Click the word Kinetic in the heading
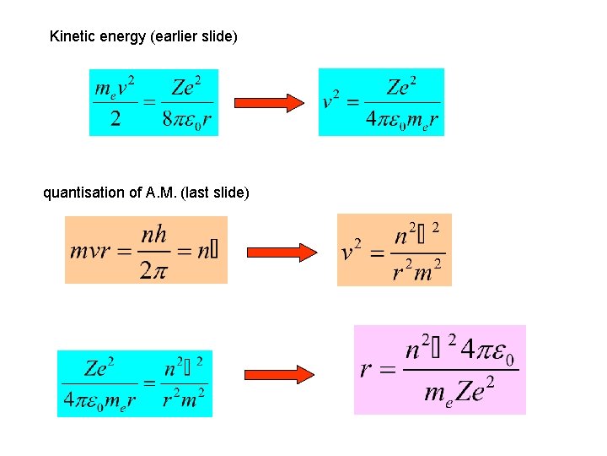tap(70, 36)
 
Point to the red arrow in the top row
tap(268, 103)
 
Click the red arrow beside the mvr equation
tap(280, 252)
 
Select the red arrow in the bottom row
tap(278, 374)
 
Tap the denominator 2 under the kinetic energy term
tap(115, 118)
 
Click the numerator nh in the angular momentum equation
tap(154, 234)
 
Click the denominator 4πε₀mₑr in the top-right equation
tap(402, 120)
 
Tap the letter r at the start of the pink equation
tap(366, 370)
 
